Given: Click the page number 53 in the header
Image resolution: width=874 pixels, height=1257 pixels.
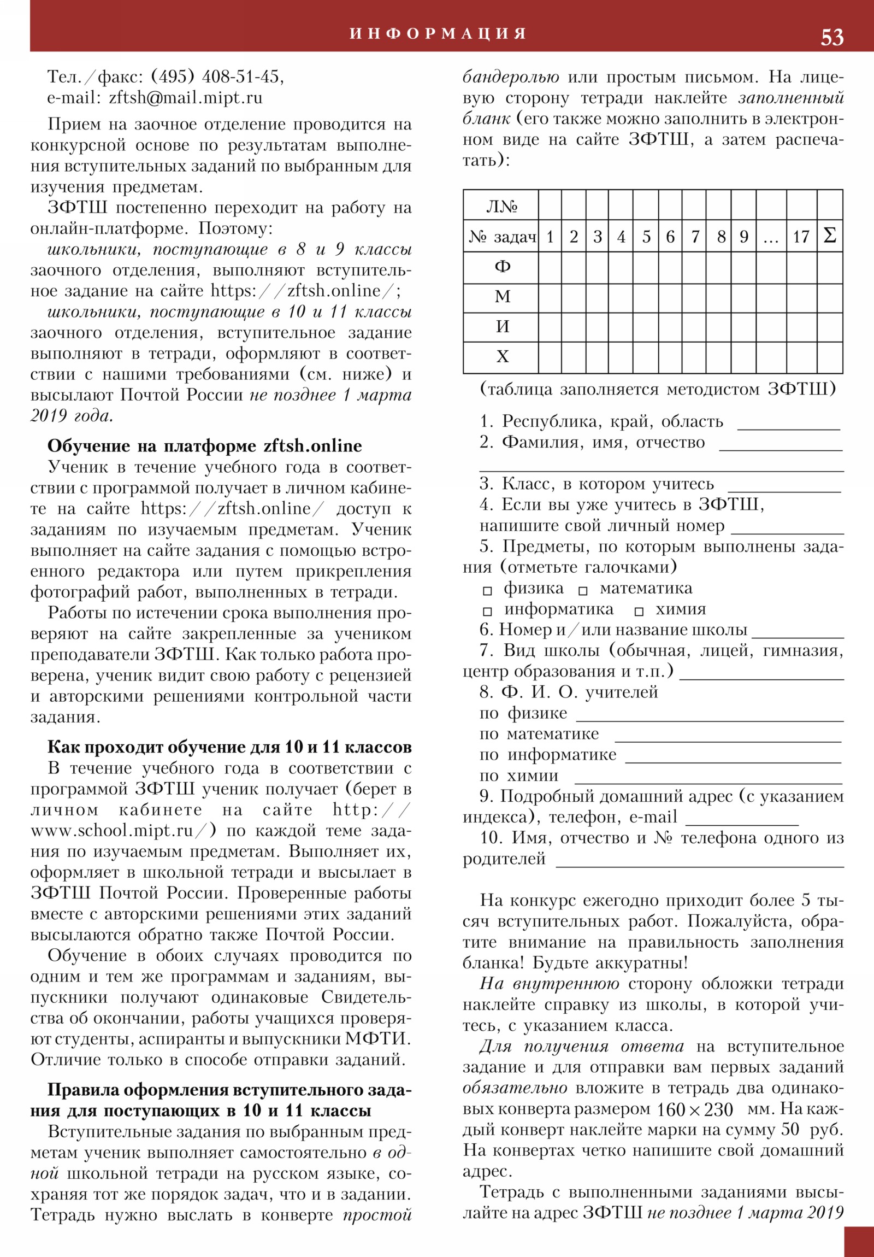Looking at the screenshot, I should coord(831,37).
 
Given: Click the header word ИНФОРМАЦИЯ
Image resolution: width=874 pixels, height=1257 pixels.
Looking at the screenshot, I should coord(438,34).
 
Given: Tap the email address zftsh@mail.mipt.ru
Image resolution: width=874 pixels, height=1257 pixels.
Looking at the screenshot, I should coord(186,98).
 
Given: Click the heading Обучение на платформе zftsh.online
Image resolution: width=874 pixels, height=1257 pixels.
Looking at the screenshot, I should coord(205,446).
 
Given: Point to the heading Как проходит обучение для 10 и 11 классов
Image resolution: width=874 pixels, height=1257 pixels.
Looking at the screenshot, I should coord(229,747).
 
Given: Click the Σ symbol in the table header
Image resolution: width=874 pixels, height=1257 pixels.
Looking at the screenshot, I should coord(829,236).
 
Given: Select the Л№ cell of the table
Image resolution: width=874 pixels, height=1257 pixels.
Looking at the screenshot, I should coord(501,207).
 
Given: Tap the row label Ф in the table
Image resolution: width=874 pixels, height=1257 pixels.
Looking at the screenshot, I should coord(502,267).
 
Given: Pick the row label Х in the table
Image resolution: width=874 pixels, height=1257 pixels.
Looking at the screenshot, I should coord(502,357).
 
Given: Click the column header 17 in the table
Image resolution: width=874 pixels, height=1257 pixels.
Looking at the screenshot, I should coord(801,237).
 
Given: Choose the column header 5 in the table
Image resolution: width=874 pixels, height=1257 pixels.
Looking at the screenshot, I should coord(646,237).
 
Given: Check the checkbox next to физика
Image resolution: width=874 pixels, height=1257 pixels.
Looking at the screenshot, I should coord(487,591).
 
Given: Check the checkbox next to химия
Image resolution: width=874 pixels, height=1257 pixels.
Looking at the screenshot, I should coord(639,612).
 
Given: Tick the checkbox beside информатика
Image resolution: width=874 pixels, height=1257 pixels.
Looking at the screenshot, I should coord(487,612).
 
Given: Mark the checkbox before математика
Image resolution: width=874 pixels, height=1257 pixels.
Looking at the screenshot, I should coord(583,591).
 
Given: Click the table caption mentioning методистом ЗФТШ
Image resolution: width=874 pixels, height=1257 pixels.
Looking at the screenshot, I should coord(657,389).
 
